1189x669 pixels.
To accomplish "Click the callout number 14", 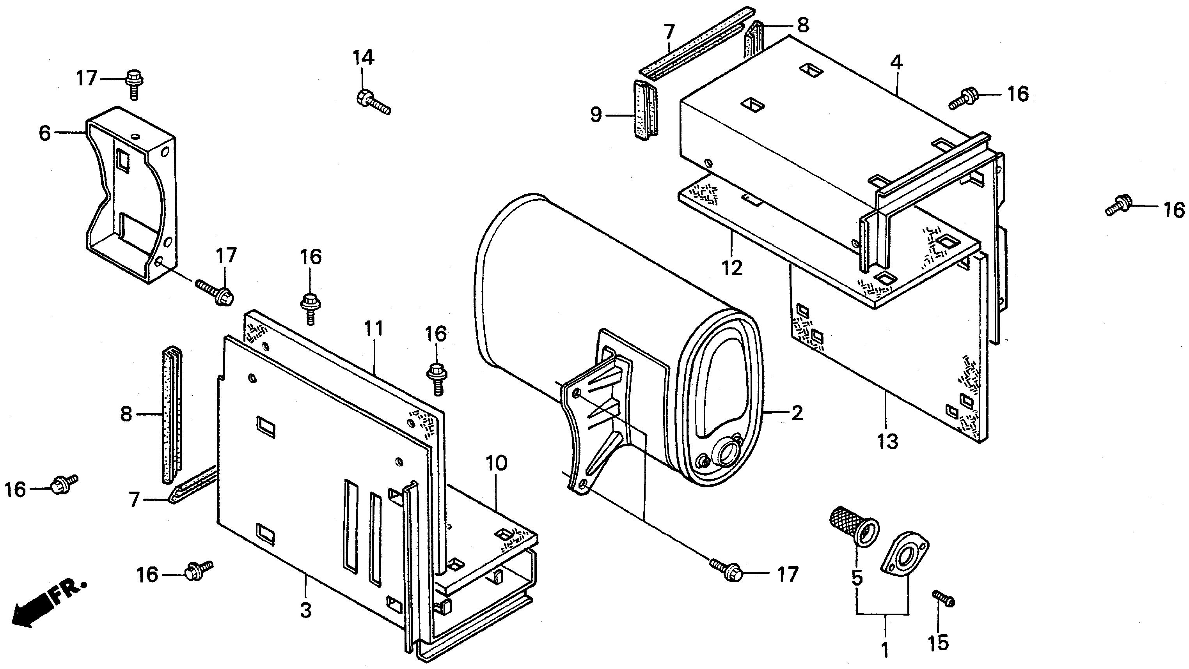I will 363,58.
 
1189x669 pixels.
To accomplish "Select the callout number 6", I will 45,133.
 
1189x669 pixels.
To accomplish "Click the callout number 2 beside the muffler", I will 797,413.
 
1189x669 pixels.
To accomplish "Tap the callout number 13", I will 888,442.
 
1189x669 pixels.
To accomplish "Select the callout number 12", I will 732,267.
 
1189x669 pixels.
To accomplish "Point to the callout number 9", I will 596,114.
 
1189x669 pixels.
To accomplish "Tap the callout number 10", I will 496,463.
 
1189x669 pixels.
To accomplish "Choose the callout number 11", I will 374,329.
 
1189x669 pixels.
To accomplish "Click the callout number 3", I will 305,611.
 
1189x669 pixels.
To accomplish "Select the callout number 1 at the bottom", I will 885,650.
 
